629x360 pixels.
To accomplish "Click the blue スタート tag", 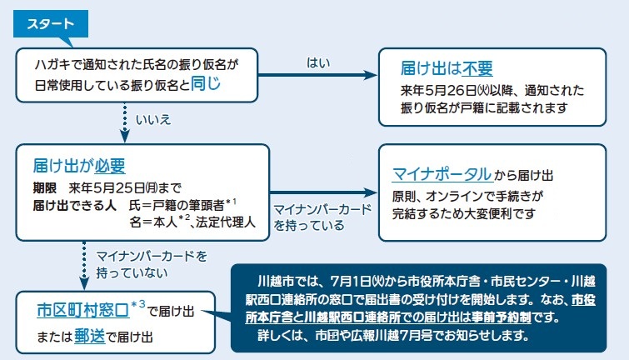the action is (x=51, y=24).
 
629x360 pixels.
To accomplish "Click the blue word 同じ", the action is (x=206, y=83).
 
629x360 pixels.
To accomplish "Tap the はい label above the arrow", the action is (x=318, y=62).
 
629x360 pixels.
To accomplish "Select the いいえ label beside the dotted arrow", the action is (x=153, y=120).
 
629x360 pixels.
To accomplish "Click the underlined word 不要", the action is (x=477, y=68).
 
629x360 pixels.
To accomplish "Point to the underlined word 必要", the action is (x=110, y=166).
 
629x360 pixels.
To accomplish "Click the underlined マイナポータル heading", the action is (x=442, y=174).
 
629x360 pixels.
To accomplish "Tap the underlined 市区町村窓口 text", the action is (x=83, y=310).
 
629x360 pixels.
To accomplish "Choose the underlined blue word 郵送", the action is (x=89, y=337).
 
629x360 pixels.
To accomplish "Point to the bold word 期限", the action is (x=44, y=187).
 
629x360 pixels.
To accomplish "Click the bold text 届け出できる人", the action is (x=74, y=206).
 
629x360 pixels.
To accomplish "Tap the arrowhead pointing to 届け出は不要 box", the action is (x=370, y=75).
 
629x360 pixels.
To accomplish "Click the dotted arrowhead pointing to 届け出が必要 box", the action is (x=125, y=136).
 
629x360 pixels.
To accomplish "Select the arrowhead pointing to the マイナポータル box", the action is (x=370, y=192).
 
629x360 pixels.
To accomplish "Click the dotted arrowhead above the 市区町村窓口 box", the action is (x=84, y=283).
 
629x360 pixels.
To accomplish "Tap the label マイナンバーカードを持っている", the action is (x=322, y=217).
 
